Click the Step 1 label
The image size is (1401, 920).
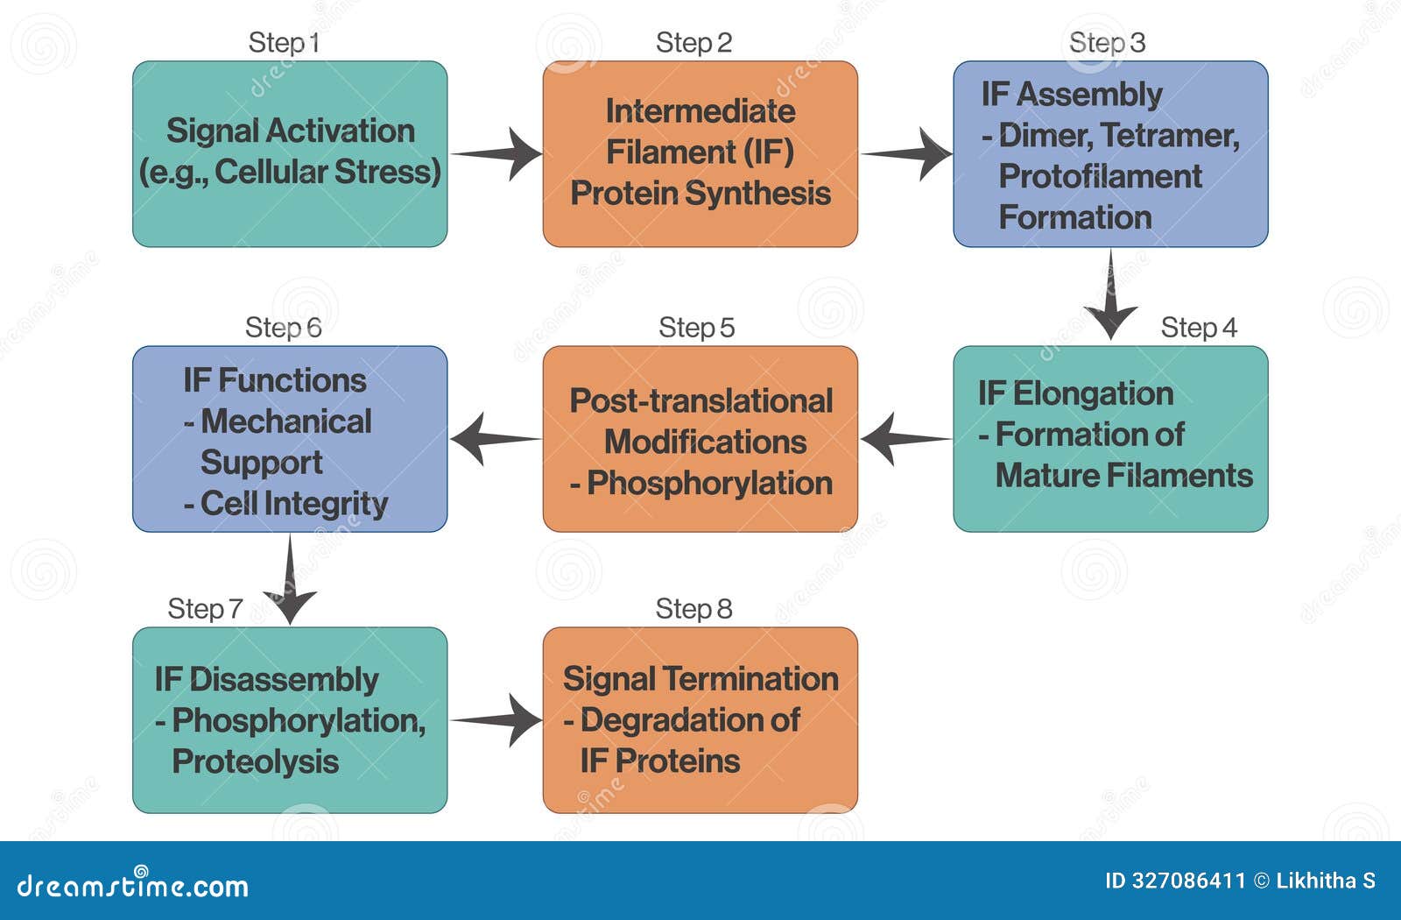coord(284,42)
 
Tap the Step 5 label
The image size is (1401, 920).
coord(696,327)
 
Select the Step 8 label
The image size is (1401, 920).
coord(693,608)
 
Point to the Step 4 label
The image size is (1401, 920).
coord(1198,327)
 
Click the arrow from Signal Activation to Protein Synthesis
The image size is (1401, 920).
coord(497,154)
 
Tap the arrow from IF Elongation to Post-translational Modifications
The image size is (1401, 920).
coord(904,438)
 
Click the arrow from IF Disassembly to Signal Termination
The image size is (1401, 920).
coord(497,720)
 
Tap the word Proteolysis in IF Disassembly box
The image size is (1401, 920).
coord(255,761)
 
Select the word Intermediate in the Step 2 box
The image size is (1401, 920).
coord(700,110)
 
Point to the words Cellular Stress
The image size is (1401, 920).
coord(327,172)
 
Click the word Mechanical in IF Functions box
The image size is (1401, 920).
coord(286,421)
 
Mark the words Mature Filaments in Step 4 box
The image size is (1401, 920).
coord(1124,475)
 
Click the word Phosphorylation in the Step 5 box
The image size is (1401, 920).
coord(709,483)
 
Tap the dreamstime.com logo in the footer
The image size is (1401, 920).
coord(133,885)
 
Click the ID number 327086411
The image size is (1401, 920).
coord(1187,881)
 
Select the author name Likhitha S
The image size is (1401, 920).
coord(1326,881)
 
